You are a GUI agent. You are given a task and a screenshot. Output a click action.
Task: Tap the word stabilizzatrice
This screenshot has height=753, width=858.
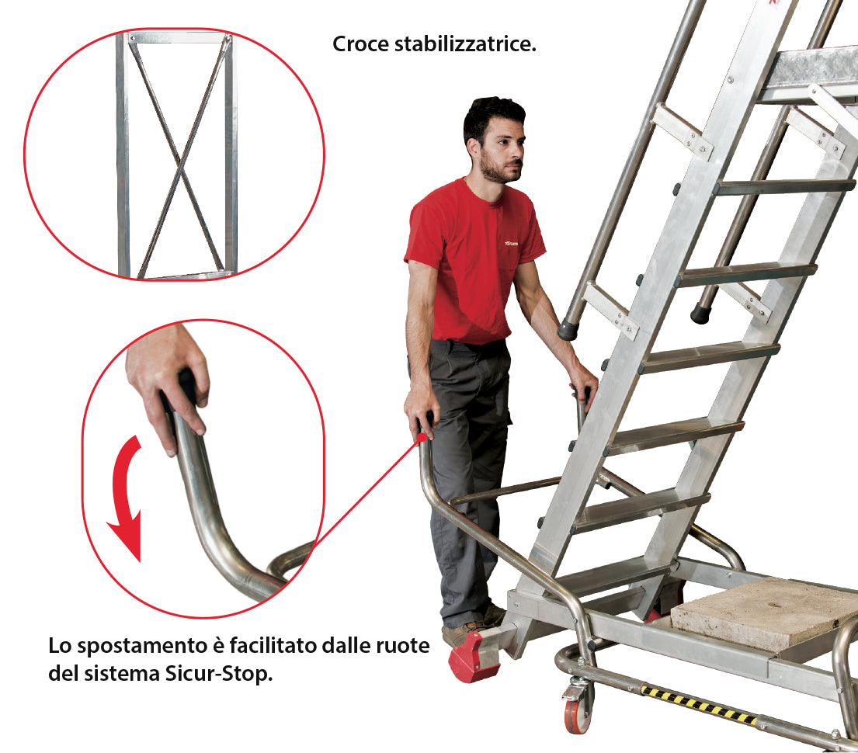(465, 44)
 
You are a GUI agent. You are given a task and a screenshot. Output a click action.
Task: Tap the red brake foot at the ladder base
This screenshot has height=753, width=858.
(473, 657)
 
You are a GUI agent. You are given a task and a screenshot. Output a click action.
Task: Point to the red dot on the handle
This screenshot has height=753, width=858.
(422, 437)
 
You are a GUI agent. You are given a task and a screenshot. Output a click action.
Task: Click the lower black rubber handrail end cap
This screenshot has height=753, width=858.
(568, 330)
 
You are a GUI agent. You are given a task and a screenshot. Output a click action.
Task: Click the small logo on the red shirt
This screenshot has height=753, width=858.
(511, 243)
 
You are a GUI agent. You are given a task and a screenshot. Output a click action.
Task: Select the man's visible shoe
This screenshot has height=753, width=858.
(465, 630)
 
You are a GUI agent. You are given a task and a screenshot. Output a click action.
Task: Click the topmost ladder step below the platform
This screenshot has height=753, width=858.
(784, 187)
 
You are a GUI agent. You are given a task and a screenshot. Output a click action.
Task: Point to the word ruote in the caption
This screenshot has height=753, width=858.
(403, 646)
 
